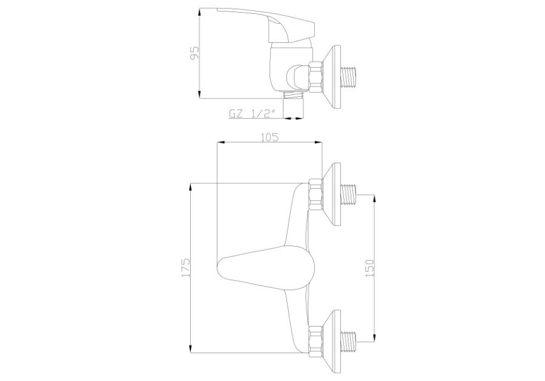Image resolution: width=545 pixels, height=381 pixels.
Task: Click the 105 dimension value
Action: point(269,137)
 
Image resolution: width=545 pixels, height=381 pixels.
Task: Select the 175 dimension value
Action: point(185,267)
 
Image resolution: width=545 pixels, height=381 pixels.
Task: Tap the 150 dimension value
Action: point(370,267)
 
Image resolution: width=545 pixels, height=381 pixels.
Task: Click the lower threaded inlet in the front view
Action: point(351,340)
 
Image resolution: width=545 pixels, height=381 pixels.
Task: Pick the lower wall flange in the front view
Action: point(332,340)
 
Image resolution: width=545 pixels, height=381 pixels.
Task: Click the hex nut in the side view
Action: point(316,76)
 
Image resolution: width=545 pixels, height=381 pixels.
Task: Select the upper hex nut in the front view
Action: point(316,195)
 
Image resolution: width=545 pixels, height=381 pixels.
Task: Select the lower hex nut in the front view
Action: point(316,340)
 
